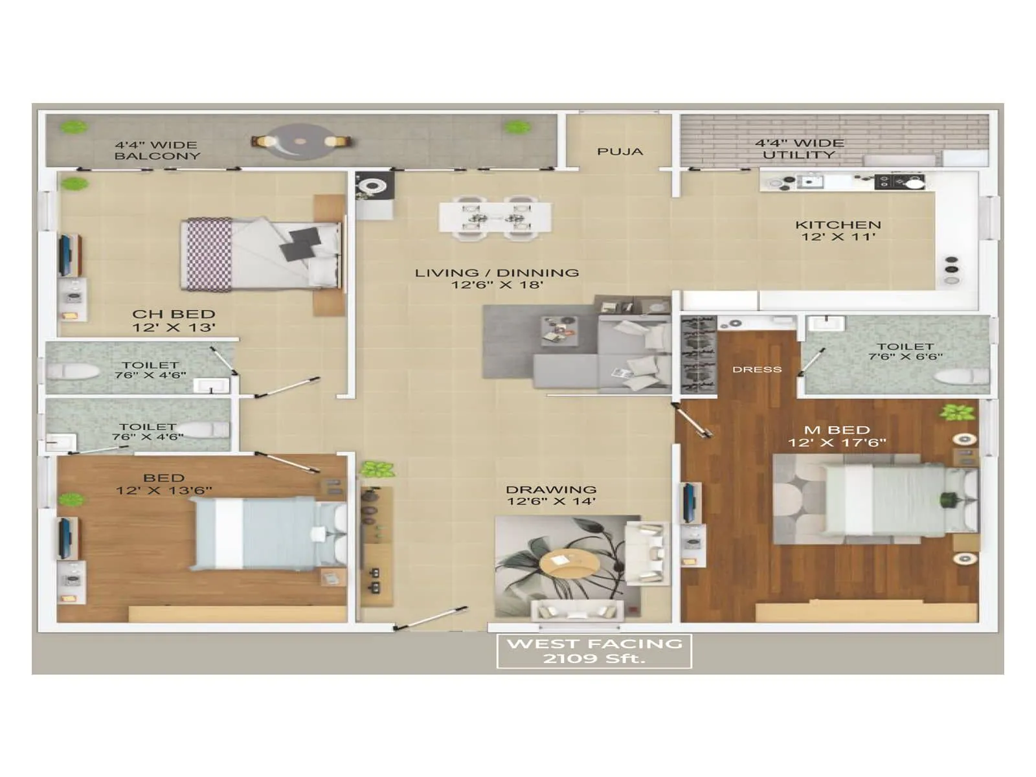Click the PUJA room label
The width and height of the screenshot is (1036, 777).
pyautogui.click(x=620, y=152)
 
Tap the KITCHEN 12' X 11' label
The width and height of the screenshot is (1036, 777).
pyautogui.click(x=838, y=231)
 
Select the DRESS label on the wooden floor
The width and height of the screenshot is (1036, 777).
pyautogui.click(x=757, y=370)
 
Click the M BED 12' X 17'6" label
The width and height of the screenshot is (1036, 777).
pyautogui.click(x=837, y=436)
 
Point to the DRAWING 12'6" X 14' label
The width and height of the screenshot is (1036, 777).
pyautogui.click(x=551, y=495)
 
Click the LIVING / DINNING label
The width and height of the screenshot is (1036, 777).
pyautogui.click(x=497, y=278)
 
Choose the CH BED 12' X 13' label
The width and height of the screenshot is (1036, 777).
pyautogui.click(x=174, y=321)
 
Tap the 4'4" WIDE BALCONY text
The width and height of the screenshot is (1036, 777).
pyautogui.click(x=157, y=150)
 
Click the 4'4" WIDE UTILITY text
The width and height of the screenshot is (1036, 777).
pyautogui.click(x=799, y=149)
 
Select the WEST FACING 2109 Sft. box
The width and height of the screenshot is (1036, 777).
pyautogui.click(x=594, y=651)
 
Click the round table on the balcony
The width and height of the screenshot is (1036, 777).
pyautogui.click(x=301, y=141)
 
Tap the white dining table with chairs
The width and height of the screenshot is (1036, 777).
pyautogui.click(x=495, y=218)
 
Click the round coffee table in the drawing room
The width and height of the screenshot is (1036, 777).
pyautogui.click(x=569, y=565)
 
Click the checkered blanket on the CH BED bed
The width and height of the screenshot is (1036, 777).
pyautogui.click(x=208, y=254)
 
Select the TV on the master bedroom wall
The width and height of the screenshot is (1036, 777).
pyautogui.click(x=690, y=502)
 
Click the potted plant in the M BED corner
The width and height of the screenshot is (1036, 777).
pyautogui.click(x=957, y=412)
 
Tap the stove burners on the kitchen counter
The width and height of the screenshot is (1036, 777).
pyautogui.click(x=900, y=181)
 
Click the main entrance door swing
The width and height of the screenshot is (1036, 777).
pyautogui.click(x=431, y=618)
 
